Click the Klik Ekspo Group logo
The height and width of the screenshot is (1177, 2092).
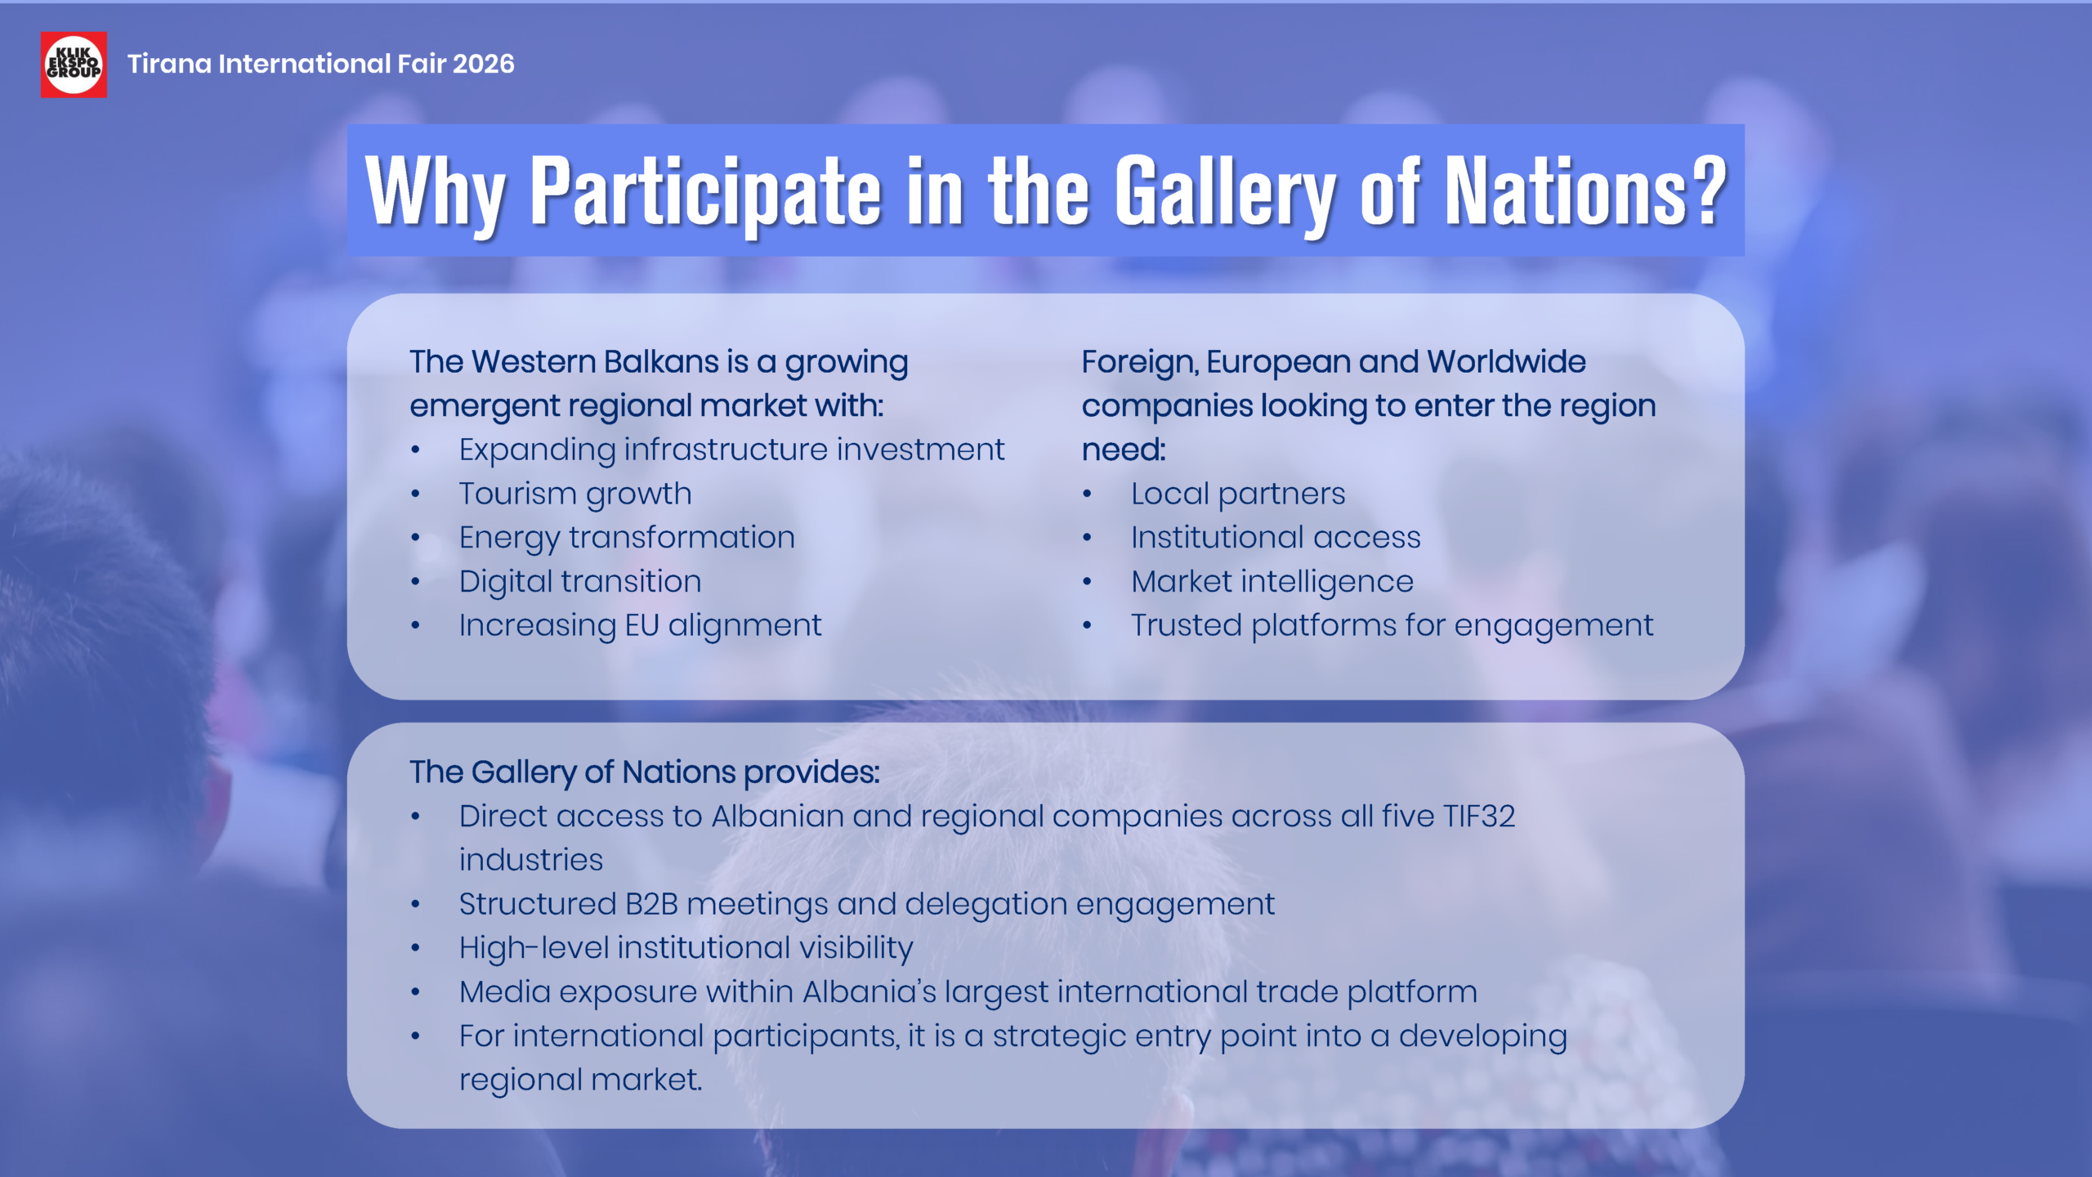point(74,65)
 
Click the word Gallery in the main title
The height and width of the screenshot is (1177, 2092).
point(1226,193)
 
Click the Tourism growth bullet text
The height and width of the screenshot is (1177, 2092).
point(575,494)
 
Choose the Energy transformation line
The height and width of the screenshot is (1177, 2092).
point(627,538)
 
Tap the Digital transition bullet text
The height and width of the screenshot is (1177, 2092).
point(580,581)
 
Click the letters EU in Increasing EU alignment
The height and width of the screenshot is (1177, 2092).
point(641,625)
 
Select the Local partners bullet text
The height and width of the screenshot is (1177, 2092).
point(1238,494)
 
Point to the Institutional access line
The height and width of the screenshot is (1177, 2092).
point(1276,538)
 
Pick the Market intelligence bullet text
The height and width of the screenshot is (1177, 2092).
point(1272,581)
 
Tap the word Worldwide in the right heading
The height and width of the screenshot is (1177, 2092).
point(1506,361)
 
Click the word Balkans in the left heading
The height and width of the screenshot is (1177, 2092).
point(661,361)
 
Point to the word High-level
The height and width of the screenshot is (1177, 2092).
point(534,948)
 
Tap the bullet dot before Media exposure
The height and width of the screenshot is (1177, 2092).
point(416,992)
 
